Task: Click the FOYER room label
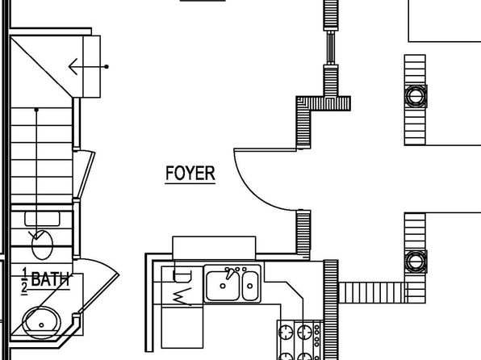pyautogui.click(x=190, y=174)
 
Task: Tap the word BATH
pyautogui.click(x=50, y=279)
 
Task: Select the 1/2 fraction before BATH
pyautogui.click(x=24, y=281)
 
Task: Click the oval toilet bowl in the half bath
pyautogui.click(x=42, y=245)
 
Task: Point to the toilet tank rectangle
pyautogui.click(x=42, y=218)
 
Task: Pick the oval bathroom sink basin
pyautogui.click(x=41, y=322)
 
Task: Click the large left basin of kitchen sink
pyautogui.click(x=223, y=286)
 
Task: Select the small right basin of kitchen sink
pyautogui.click(x=250, y=286)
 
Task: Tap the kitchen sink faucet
pyautogui.click(x=230, y=273)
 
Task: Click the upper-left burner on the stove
pyautogui.click(x=286, y=332)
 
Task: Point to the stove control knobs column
pyautogui.click(x=317, y=337)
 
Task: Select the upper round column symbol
pyautogui.click(x=416, y=96)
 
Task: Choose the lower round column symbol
pyautogui.click(x=416, y=262)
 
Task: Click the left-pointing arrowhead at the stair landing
pyautogui.click(x=73, y=67)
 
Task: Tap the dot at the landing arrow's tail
pyautogui.click(x=107, y=67)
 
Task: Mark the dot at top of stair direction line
pyautogui.click(x=36, y=110)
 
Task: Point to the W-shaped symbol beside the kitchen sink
pyautogui.click(x=182, y=296)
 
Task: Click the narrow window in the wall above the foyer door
pyautogui.click(x=331, y=48)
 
